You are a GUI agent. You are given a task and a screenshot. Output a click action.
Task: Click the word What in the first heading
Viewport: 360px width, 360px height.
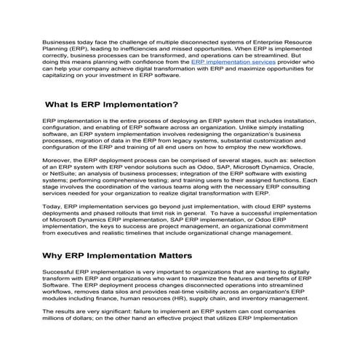pyautogui.click(x=63, y=104)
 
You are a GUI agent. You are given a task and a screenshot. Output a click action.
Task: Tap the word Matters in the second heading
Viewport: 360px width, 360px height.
pyautogui.click(x=166, y=255)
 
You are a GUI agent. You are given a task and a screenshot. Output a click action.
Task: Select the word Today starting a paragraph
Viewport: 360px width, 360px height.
pyautogui.click(x=53, y=207)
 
